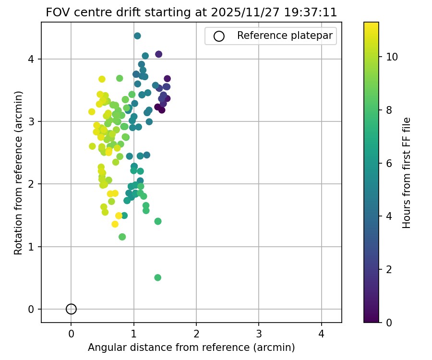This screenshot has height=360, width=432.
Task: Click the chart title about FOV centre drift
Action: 192,12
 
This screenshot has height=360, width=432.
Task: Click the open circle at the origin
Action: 71,309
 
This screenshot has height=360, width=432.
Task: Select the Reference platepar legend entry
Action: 285,36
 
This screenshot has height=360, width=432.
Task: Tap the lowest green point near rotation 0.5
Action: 157,277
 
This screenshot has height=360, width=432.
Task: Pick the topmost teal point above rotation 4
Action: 137,36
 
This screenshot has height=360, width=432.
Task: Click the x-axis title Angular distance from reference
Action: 192,347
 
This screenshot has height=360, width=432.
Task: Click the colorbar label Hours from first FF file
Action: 407,172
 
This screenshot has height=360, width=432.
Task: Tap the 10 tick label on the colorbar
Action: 392,57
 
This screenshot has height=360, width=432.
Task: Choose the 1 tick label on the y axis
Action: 31,247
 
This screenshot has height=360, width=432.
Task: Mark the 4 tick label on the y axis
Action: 31,59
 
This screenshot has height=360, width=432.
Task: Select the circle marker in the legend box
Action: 219,36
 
